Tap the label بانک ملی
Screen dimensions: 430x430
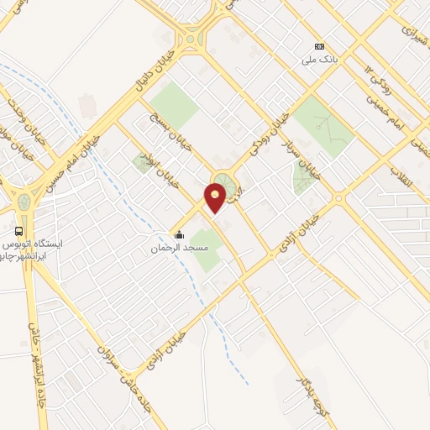click(x=319, y=60)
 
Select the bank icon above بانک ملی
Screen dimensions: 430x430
click(x=319, y=46)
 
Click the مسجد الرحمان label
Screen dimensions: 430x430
click(x=178, y=249)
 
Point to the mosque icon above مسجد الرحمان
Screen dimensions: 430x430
click(x=178, y=235)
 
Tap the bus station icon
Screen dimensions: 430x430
click(x=19, y=230)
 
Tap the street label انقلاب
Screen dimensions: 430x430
click(x=400, y=176)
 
